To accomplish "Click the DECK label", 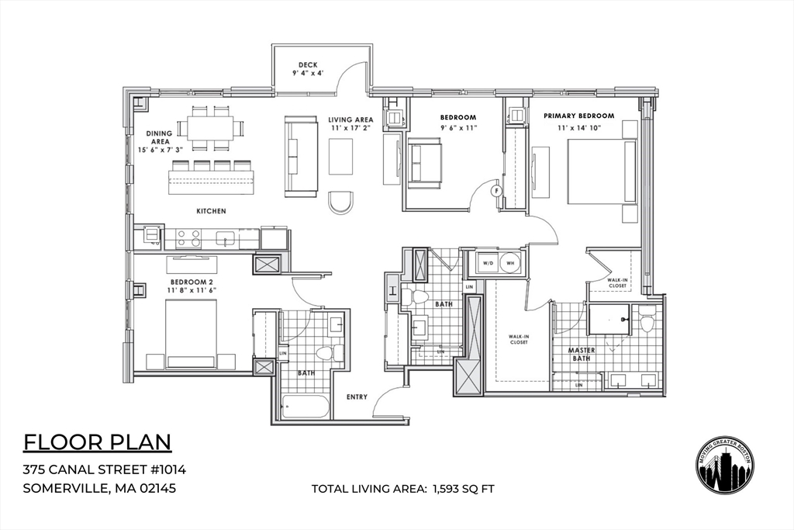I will pos(308,64).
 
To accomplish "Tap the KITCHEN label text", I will pos(211,211).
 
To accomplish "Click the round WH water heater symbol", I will pos(509,262).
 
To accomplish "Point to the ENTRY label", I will pos(357,397).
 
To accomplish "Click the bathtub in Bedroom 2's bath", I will pos(305,407).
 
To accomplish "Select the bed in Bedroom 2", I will pos(190,334).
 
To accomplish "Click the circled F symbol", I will pos(497,189).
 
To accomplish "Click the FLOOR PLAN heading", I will pos(97,442).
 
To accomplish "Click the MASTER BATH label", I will pos(582,355).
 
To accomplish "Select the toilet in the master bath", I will pos(647,319).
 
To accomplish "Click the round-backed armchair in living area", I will pos(341,202).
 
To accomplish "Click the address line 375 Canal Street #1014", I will pos(104,469).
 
